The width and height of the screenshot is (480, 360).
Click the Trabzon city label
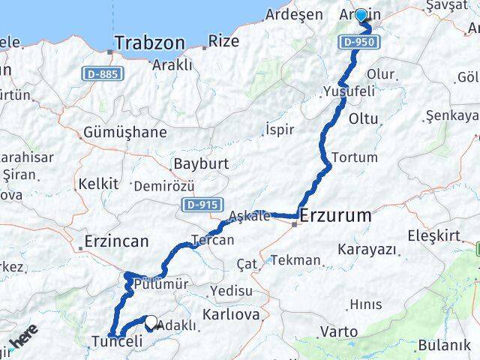click(150, 43)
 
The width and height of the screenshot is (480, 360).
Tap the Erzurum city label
click(334, 216)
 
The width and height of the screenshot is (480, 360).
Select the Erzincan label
click(115, 241)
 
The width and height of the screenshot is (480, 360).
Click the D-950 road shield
click(355, 42)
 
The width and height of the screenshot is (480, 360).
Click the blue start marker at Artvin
click(361, 16)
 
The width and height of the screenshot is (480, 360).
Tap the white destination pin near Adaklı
click(151, 322)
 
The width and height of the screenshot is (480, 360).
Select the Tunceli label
click(116, 341)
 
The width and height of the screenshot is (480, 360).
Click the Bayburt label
click(196, 163)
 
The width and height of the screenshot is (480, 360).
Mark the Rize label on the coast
click(223, 41)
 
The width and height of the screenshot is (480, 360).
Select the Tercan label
click(213, 241)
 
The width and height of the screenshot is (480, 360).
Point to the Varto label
click(339, 331)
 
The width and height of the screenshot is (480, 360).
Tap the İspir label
click(280, 130)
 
